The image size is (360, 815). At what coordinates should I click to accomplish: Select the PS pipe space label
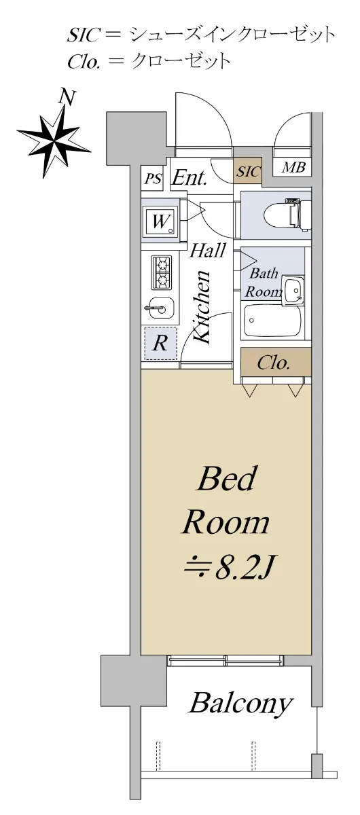(153, 179)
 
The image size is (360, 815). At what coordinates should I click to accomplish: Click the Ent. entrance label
(190, 177)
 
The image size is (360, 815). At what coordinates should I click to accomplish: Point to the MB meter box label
(293, 167)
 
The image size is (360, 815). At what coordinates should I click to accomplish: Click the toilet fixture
(287, 215)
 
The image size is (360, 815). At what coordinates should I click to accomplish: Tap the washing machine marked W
(160, 221)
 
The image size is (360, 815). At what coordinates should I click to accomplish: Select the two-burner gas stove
(162, 272)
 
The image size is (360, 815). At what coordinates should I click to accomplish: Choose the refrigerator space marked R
(160, 343)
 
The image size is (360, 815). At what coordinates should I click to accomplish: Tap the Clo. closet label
(273, 363)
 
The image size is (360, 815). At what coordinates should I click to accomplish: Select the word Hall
(207, 251)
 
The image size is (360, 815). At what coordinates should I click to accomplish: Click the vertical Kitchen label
(202, 306)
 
